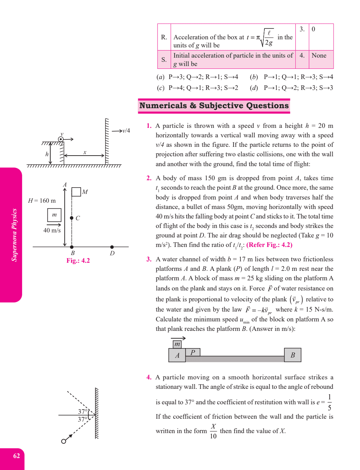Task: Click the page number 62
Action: [17, 456]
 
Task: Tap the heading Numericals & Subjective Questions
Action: [214, 106]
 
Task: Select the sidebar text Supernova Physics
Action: [14, 235]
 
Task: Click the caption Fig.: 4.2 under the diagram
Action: [78, 261]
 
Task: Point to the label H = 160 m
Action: [42, 201]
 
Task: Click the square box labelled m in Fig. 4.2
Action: [54, 215]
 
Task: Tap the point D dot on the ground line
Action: [112, 247]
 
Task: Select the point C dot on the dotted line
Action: [72, 218]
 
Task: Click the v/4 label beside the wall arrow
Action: [126, 131]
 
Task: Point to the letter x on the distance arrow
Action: [85, 152]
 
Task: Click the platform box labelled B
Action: [292, 355]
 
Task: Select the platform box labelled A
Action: [177, 355]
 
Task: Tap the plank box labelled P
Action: [193, 352]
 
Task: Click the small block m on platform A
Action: [177, 344]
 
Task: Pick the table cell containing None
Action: [321, 59]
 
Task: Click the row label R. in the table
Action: [164, 37]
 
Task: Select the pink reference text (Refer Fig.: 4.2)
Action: [269, 245]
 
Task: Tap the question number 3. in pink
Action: [149, 259]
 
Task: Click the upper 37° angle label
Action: [83, 411]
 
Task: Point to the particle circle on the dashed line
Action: [64, 441]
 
